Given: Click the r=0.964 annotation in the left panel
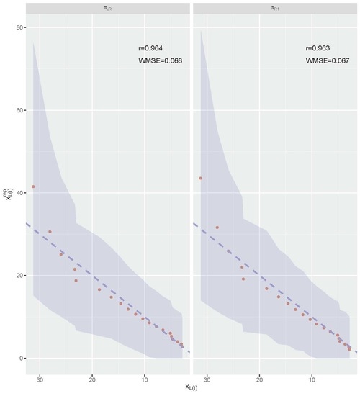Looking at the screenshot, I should (150, 48).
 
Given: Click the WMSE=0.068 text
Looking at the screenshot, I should (160, 61).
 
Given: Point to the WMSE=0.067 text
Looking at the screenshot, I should (328, 61).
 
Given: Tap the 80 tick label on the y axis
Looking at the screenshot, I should (17, 27).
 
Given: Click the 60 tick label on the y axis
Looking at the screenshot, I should (17, 110).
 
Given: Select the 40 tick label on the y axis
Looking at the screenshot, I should (17, 193).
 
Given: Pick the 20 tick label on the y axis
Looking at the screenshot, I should (17, 276).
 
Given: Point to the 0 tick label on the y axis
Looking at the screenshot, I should (19, 359).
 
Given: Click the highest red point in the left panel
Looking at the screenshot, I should (32, 186).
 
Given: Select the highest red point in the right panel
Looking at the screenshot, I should (201, 178).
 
